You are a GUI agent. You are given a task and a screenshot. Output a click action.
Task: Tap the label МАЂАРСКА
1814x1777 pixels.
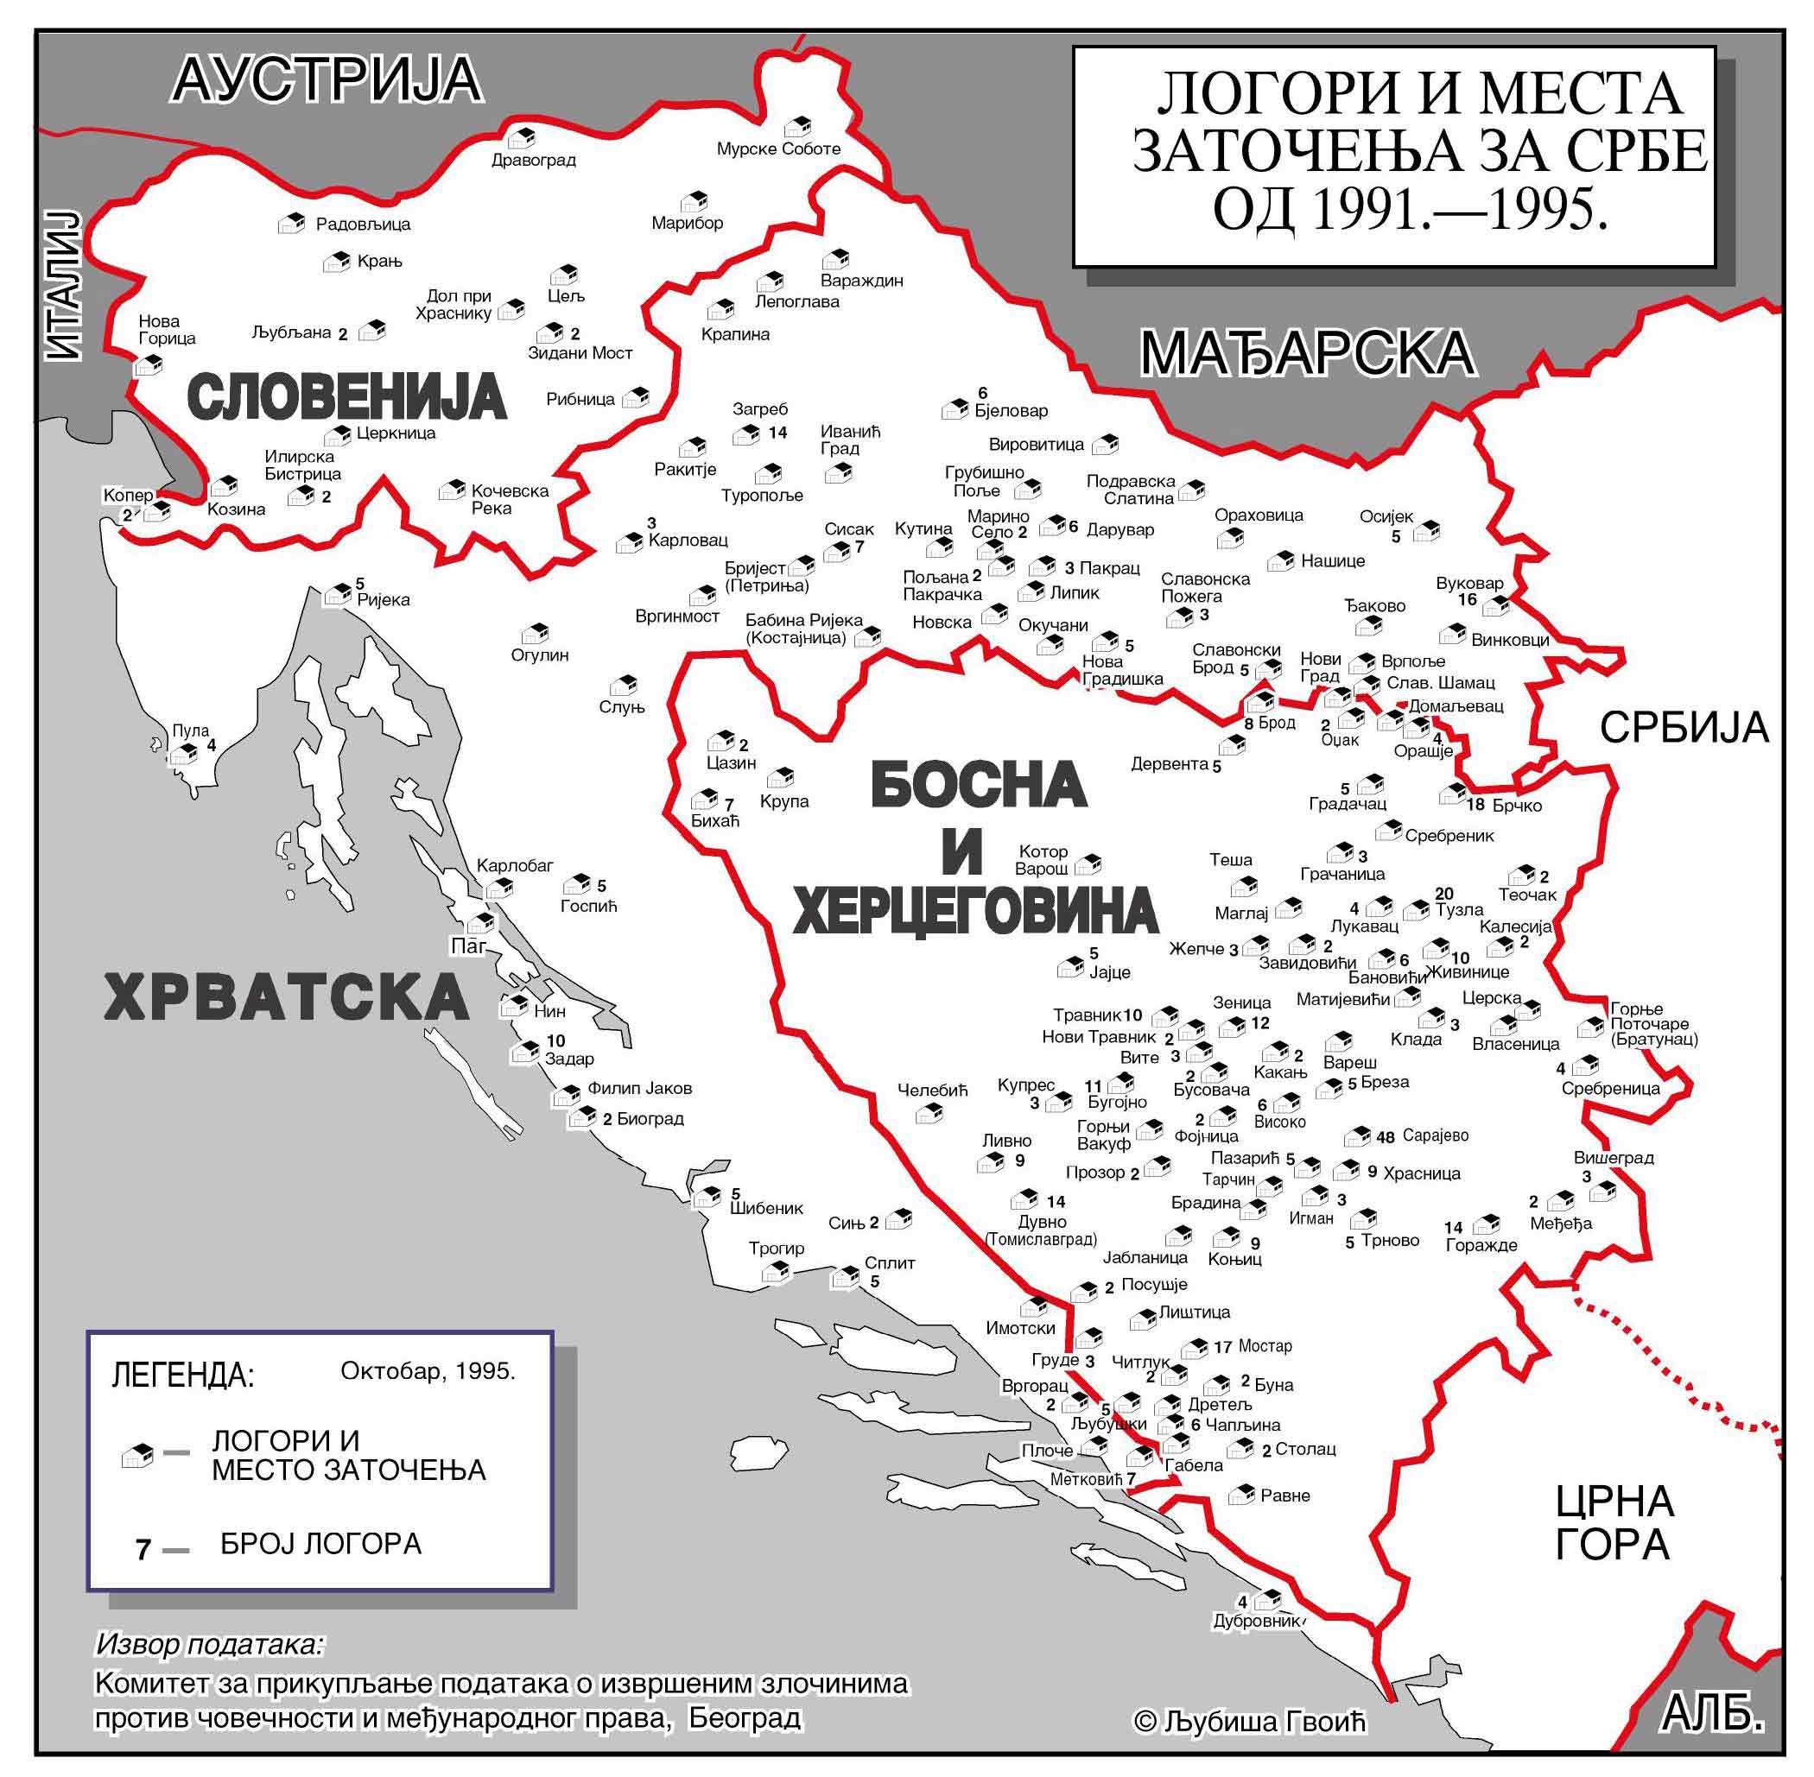point(1306,355)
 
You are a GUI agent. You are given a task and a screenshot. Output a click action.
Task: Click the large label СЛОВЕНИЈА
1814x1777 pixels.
point(347,397)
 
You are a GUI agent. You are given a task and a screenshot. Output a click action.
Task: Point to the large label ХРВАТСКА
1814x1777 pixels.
point(286,997)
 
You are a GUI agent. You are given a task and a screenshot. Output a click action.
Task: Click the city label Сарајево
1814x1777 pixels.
point(1435,1135)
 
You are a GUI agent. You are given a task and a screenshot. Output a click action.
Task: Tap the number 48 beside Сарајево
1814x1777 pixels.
point(1385,1138)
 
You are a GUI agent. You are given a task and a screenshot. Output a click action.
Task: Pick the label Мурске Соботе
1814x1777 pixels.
point(778,149)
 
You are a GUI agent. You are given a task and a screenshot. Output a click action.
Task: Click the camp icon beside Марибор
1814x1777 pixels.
point(694,201)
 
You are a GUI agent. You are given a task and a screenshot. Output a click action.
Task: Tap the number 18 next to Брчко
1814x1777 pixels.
point(1475,805)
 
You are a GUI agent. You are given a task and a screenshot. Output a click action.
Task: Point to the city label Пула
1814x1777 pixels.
point(190,730)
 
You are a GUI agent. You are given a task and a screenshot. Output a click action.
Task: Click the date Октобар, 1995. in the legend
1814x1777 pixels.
point(428,1371)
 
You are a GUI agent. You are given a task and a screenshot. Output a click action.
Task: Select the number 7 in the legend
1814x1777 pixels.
point(143,1550)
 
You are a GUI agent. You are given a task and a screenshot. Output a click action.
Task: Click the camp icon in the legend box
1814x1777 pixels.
point(137,1456)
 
